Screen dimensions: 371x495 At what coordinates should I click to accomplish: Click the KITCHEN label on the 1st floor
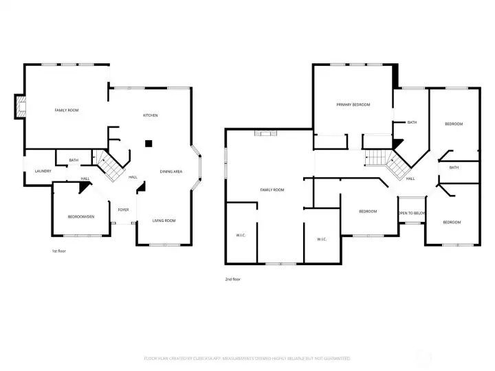(150, 115)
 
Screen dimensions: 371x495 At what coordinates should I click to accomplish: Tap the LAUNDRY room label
(38, 171)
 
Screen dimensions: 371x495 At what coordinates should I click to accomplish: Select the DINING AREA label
(170, 172)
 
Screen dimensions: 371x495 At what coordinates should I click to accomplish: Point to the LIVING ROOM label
(164, 221)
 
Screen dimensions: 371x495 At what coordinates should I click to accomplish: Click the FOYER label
(123, 210)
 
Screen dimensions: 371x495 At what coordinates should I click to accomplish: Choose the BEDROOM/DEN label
(81, 217)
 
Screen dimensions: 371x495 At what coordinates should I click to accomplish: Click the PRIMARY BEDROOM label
(353, 104)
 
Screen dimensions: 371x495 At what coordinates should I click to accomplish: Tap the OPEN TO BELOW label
(412, 213)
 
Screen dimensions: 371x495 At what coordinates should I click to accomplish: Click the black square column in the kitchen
(148, 144)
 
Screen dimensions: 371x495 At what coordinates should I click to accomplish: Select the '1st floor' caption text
(59, 251)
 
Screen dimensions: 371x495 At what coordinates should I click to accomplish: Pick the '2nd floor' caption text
(232, 279)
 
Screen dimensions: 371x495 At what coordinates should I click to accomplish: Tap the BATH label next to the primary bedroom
(412, 122)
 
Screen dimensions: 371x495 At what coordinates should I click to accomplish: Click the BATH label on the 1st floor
(74, 161)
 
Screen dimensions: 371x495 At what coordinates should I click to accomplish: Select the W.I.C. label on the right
(321, 239)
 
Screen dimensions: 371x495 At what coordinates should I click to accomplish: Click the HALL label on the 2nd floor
(410, 179)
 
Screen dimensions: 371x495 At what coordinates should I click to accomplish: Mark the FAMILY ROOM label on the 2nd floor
(272, 190)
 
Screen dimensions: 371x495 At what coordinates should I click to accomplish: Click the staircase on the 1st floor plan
(109, 166)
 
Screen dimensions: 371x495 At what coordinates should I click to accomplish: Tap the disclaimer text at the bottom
(247, 358)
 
